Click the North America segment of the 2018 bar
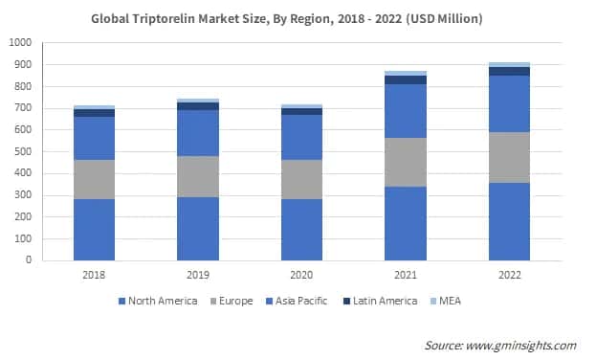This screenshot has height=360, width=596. point(94,229)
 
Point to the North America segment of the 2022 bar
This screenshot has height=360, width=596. point(509,221)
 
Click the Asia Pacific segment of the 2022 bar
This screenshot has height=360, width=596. point(509,103)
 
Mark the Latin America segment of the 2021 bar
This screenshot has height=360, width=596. point(405,79)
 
